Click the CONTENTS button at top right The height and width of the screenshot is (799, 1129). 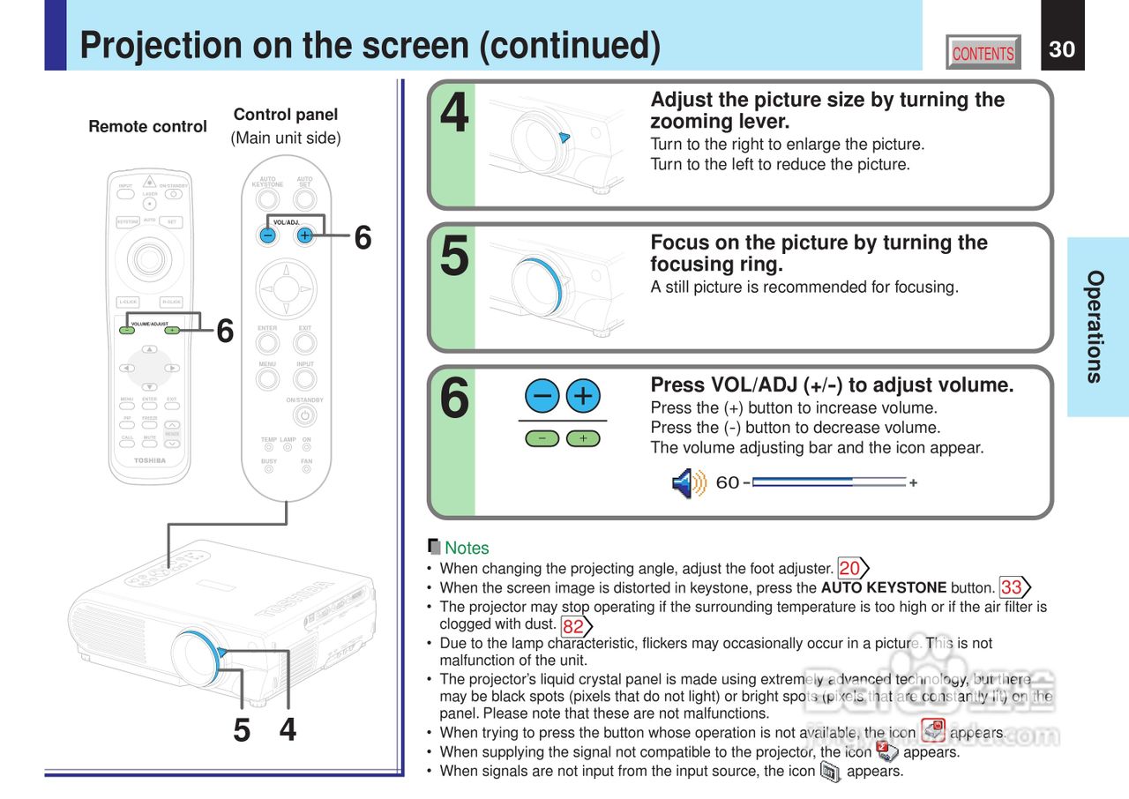click(x=983, y=53)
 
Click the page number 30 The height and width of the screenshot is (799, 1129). click(x=1062, y=49)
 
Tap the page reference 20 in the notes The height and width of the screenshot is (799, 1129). click(x=850, y=568)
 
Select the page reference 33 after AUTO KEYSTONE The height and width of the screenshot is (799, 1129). click(x=1012, y=587)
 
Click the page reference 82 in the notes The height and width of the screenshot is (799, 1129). click(x=573, y=626)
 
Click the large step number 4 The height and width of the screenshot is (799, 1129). click(x=454, y=115)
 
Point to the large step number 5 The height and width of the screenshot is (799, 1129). click(x=454, y=257)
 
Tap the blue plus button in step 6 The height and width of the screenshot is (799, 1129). click(x=582, y=396)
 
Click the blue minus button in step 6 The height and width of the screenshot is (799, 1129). click(x=542, y=396)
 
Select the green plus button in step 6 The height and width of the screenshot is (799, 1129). click(x=582, y=438)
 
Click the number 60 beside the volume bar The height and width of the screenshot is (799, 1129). click(x=728, y=483)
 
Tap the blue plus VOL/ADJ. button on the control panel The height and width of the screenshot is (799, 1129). click(x=304, y=235)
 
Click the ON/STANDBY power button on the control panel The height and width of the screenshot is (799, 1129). click(x=305, y=415)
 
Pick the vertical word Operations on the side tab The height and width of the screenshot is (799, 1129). click(x=1095, y=326)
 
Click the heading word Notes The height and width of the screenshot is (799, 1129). click(x=467, y=548)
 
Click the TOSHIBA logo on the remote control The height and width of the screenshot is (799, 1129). click(x=150, y=460)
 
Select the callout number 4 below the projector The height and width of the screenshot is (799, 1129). click(x=288, y=730)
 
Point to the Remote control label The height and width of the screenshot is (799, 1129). click(x=147, y=127)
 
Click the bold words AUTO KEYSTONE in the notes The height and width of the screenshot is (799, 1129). click(x=883, y=587)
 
